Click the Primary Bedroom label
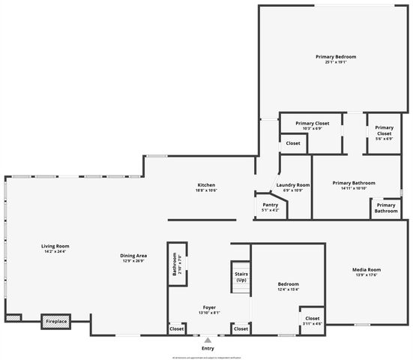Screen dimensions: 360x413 pos(335,57)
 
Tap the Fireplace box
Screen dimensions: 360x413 pos(56,321)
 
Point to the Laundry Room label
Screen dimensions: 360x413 pos(292,184)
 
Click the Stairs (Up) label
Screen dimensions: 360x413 pos(241,277)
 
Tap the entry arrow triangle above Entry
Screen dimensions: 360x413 pos(208,340)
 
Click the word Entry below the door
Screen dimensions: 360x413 pos(208,349)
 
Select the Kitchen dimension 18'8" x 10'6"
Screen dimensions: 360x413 pos(206,190)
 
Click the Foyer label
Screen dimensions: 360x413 pos(208,307)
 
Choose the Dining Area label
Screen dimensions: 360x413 pos(133,256)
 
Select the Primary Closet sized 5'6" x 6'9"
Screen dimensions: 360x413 pos(384,138)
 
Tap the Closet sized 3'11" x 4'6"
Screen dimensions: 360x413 pos(313,323)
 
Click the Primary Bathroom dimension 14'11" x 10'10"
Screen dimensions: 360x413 pos(354,188)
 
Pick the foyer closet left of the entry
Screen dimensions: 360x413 pos(177,328)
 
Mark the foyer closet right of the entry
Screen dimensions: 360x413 pos(241,328)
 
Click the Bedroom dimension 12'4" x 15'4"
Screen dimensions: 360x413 pos(289,289)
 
